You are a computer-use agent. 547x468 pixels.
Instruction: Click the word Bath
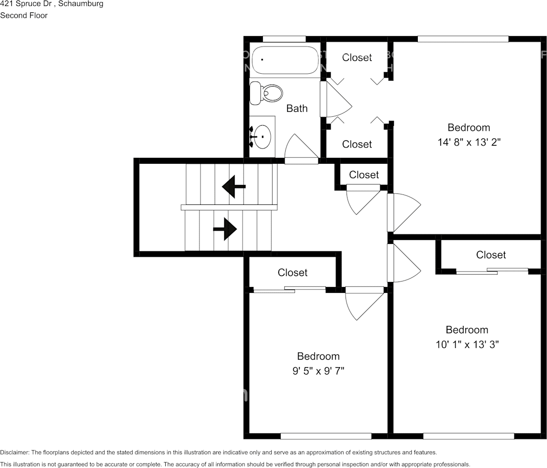click(x=297, y=108)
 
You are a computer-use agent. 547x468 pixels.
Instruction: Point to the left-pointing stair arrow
click(x=234, y=187)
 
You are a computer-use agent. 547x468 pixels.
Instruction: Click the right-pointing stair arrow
click(x=225, y=229)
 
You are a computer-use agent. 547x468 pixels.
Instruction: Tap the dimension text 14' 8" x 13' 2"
click(x=469, y=142)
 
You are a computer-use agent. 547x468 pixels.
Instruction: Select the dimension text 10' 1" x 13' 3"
click(x=467, y=344)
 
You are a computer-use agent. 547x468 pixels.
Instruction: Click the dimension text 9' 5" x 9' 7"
click(x=318, y=371)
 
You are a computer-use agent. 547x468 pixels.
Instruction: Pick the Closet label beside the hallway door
click(x=364, y=175)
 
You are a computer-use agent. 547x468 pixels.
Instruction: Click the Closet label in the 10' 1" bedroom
click(x=491, y=255)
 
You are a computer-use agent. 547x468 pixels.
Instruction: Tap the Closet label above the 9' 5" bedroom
click(x=292, y=273)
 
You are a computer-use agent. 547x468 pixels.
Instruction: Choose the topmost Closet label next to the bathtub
click(x=357, y=57)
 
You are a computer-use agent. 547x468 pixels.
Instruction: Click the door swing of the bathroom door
click(x=299, y=148)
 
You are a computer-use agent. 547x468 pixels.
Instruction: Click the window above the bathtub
click(x=284, y=39)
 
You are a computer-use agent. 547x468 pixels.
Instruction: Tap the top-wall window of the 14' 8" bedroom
click(x=462, y=39)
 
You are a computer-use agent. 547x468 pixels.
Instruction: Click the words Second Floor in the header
click(x=24, y=15)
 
